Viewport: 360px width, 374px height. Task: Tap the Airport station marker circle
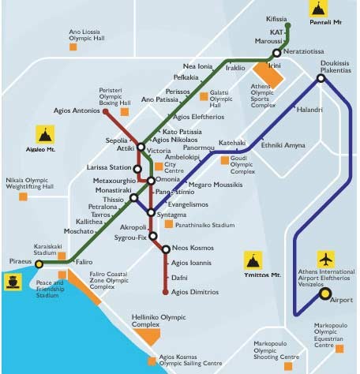tap(324, 294)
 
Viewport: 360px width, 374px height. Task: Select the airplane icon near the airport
tap(324, 259)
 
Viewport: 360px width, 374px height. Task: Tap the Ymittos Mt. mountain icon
tap(254, 261)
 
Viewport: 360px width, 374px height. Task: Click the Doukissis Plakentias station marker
tap(321, 78)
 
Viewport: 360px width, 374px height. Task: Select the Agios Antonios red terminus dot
tap(106, 112)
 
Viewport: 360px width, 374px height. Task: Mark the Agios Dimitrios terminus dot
tap(166, 292)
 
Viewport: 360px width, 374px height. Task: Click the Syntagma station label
tap(172, 215)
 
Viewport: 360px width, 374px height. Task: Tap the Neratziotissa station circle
tap(276, 54)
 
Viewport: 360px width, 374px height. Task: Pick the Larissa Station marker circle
tap(137, 168)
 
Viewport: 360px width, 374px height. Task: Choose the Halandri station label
tap(309, 109)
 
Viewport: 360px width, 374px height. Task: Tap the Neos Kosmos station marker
tap(166, 249)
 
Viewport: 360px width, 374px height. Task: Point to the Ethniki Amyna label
tap(282, 146)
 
